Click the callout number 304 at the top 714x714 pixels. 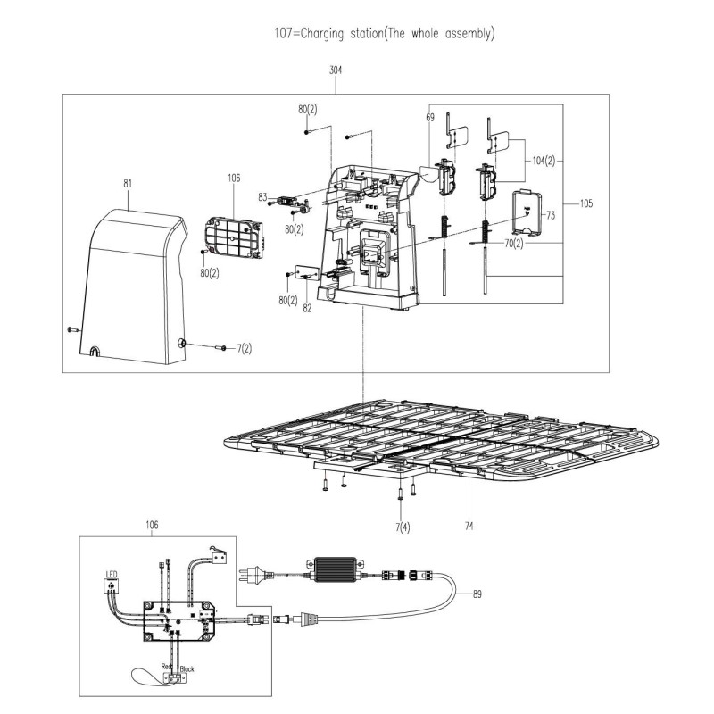[x=336, y=70]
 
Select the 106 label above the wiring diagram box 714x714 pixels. [x=151, y=526]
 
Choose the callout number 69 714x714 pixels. [x=429, y=118]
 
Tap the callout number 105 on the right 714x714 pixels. [x=585, y=203]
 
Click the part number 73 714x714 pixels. [x=551, y=215]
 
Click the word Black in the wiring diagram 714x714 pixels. [x=187, y=668]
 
